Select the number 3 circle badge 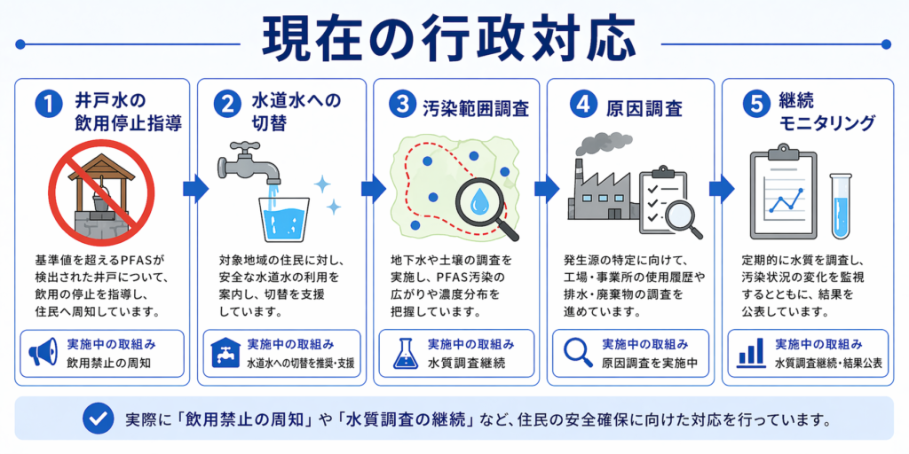(x=404, y=106)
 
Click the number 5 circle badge (x=753, y=104)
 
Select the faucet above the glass (x=250, y=164)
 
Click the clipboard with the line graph (x=782, y=196)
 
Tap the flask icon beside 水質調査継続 (x=403, y=354)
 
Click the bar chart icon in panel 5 (x=751, y=354)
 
